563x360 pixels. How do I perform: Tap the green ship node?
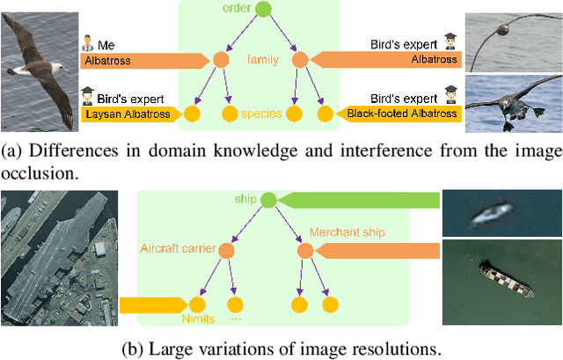pyautogui.click(x=268, y=199)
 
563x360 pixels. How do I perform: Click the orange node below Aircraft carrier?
pyautogui.click(x=226, y=252)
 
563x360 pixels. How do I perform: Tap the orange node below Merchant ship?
pyautogui.click(x=305, y=252)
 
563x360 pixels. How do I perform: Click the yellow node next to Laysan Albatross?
pyautogui.click(x=192, y=114)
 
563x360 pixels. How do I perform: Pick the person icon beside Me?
pyautogui.click(x=89, y=42)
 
